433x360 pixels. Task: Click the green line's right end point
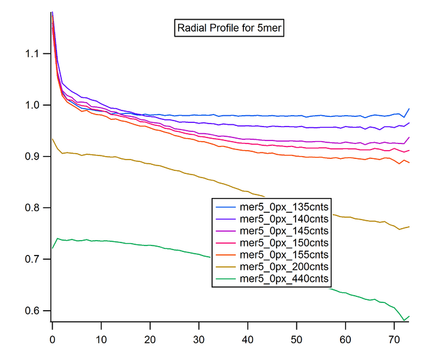[x=409, y=316]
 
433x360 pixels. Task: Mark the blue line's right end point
[x=409, y=109]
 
